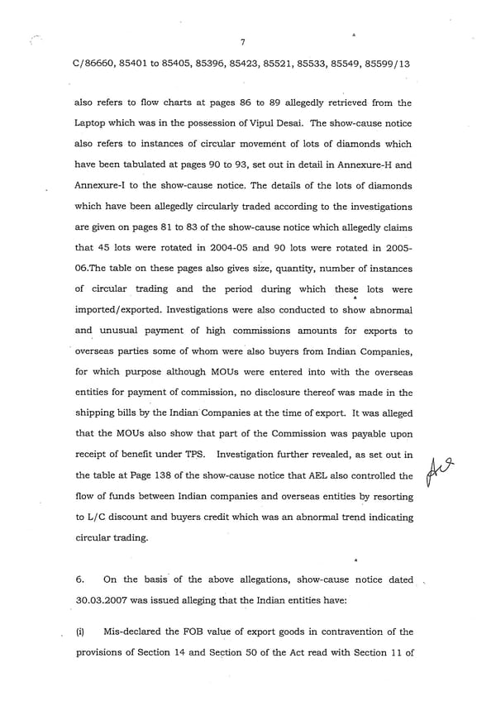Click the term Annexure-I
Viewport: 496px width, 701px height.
(x=103, y=188)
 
